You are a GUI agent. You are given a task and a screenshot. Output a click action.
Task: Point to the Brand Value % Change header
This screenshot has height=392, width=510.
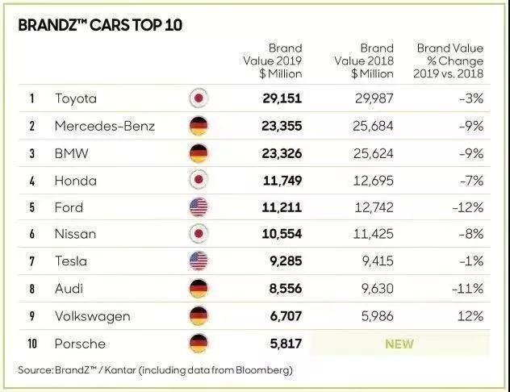[x=450, y=61]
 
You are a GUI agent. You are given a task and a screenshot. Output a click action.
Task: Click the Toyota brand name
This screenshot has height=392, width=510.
[x=75, y=99]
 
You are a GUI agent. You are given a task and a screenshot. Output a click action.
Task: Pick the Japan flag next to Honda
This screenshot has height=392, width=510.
[x=198, y=180]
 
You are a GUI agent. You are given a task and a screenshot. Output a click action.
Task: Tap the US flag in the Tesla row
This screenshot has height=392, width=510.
[x=198, y=261]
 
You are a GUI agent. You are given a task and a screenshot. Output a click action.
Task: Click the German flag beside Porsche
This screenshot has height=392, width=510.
[x=198, y=344]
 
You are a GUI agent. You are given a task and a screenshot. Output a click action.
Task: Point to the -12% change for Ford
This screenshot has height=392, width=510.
[x=469, y=207]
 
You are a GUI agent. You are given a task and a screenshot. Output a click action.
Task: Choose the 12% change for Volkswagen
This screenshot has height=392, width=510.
[x=471, y=316]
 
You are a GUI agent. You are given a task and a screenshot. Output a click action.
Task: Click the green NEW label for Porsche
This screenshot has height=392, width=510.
[x=399, y=344]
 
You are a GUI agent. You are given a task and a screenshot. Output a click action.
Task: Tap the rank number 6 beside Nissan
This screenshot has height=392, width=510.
[x=32, y=235]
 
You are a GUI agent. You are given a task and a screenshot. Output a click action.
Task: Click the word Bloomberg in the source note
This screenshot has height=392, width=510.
[x=260, y=370]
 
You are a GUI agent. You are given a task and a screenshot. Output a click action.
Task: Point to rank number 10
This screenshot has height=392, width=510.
[x=32, y=344]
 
